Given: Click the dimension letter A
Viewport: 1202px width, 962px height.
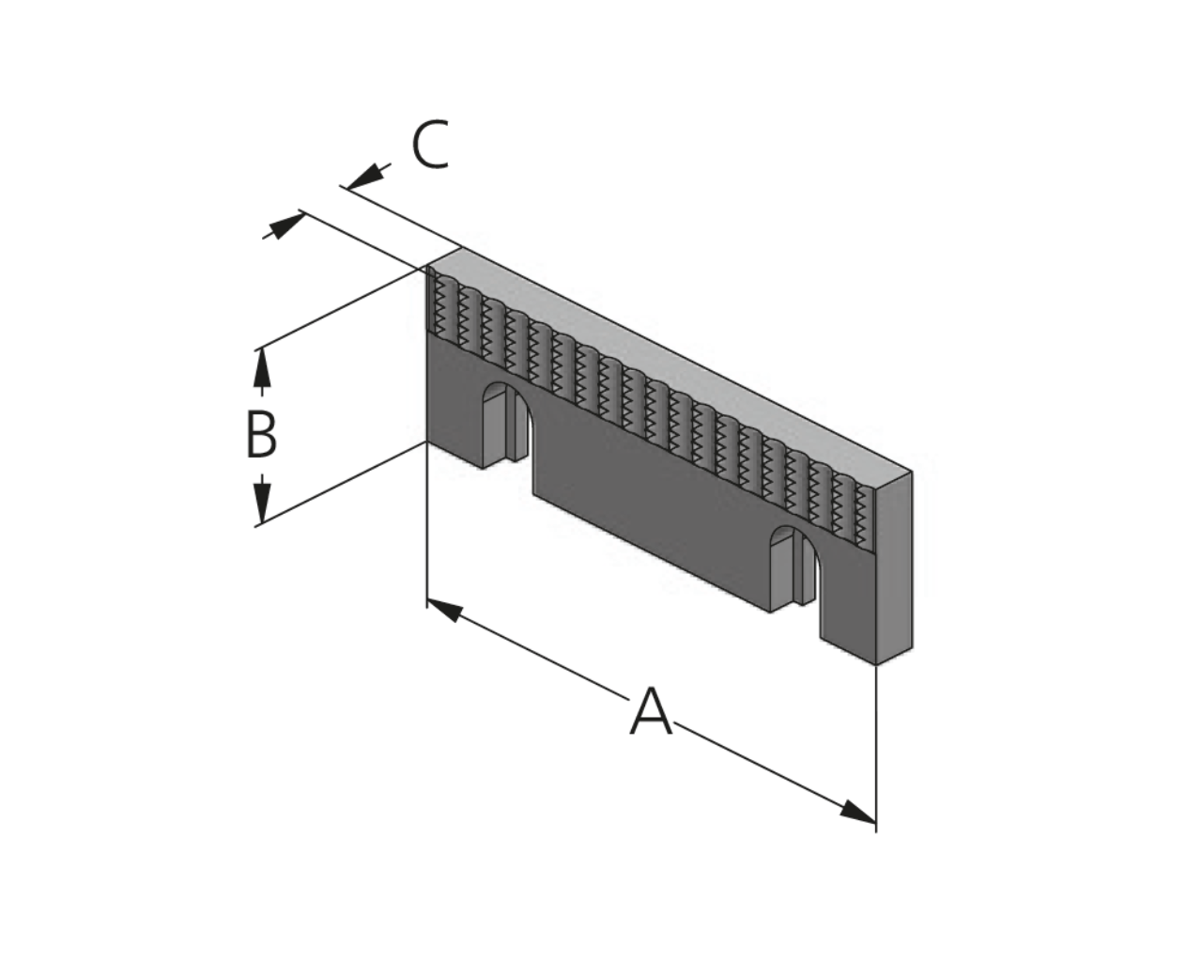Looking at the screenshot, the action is [x=651, y=710].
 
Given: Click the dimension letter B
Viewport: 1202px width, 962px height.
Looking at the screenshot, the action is [x=261, y=435].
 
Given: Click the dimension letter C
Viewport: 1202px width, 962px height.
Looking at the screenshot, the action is [x=430, y=145].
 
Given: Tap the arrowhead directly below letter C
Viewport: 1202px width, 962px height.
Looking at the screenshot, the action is [x=366, y=177].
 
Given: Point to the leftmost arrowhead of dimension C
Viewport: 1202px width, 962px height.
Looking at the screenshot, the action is [x=287, y=225].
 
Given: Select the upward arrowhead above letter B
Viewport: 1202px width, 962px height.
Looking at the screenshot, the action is [x=262, y=368].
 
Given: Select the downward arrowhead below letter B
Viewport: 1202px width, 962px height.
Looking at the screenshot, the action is [x=262, y=504].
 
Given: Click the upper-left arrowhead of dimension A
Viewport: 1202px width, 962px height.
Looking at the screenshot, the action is [x=445, y=610].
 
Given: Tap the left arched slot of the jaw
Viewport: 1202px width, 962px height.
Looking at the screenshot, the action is [x=505, y=425].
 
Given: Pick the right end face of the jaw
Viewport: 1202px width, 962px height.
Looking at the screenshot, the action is [x=894, y=568].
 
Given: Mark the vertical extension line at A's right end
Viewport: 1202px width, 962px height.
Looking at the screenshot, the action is [x=876, y=748].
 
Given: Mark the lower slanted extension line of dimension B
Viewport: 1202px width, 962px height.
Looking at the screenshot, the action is [x=342, y=484].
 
